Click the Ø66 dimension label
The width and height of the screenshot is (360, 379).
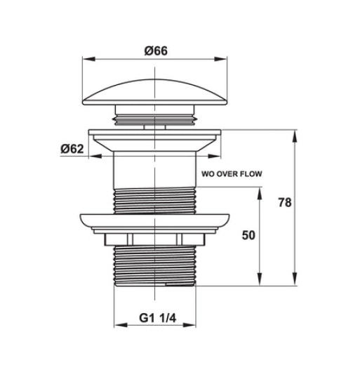point(156,51)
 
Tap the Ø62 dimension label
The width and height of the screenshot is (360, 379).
point(72,149)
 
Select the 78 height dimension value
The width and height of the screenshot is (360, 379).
point(285,202)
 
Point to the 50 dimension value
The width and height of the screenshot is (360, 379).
point(248,235)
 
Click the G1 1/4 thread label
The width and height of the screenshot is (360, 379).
point(158,318)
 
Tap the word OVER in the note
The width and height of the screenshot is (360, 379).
point(227,174)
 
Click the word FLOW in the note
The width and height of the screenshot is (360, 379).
point(251,174)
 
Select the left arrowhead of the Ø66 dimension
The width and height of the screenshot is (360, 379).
point(88,59)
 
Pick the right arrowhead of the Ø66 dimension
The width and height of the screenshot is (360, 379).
point(221,59)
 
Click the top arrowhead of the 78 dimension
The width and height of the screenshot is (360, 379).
point(295,136)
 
